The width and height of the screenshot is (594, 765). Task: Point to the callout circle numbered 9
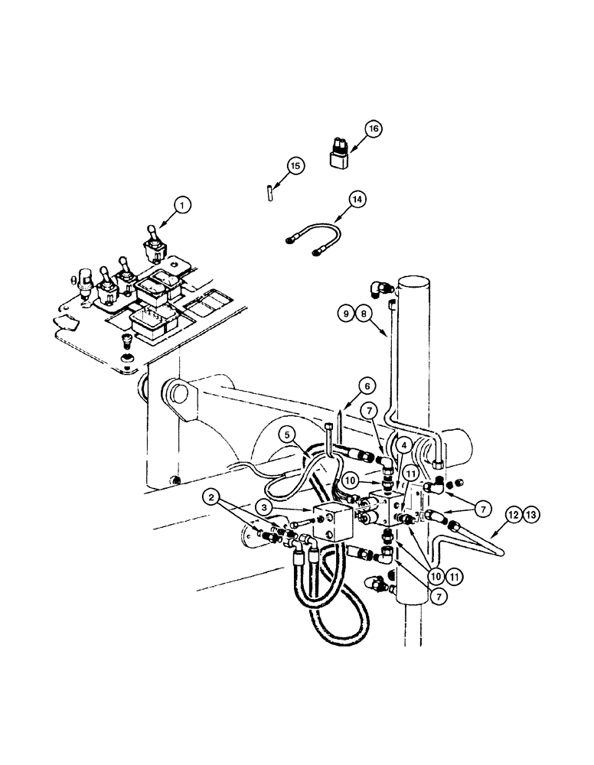coord(345,313)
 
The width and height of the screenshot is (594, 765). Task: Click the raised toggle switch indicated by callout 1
coord(153,240)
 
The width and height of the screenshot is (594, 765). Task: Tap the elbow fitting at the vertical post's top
coord(379,288)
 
